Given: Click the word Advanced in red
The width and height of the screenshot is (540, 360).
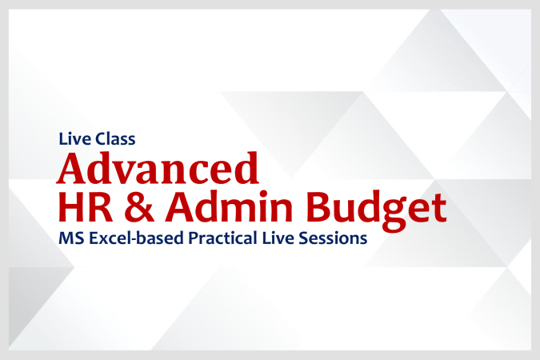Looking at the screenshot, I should click(x=158, y=169).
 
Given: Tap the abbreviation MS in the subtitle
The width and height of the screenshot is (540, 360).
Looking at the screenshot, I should click(x=70, y=238).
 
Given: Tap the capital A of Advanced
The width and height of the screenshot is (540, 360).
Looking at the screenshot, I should click(x=71, y=169).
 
